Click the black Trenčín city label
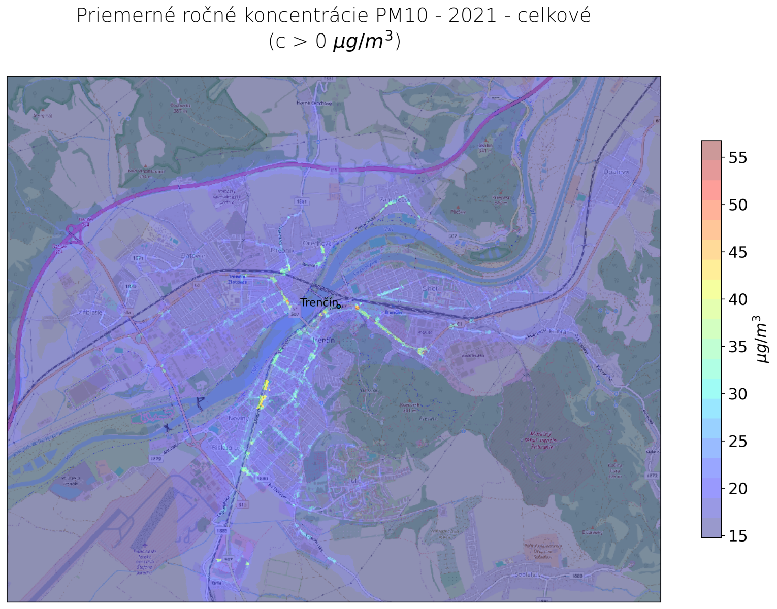318,303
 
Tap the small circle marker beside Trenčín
339,306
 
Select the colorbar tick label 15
737,536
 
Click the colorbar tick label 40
737,299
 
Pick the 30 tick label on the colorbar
737,394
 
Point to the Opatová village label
616,172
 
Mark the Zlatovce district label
193,255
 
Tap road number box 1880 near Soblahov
577,576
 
